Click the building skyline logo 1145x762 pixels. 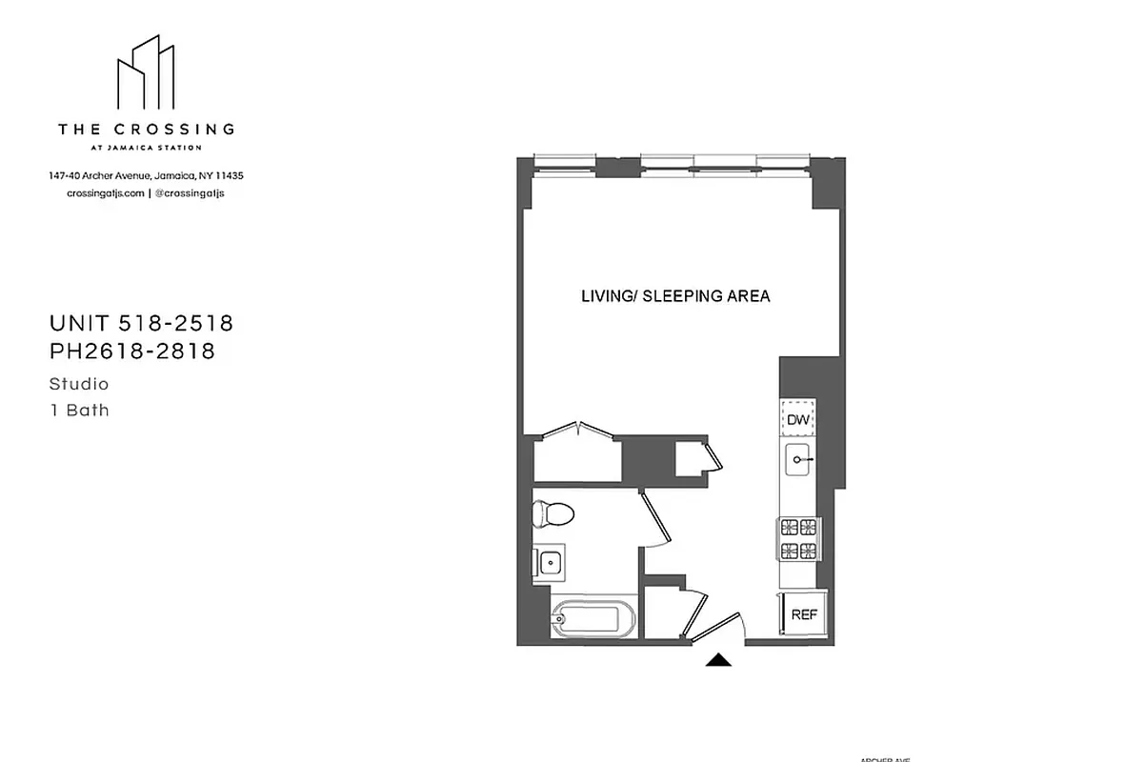[147, 74]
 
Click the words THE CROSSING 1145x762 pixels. [147, 129]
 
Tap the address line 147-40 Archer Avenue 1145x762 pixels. [147, 176]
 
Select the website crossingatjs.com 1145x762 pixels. [106, 192]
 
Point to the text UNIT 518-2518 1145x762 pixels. [141, 324]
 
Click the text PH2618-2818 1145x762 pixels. [132, 351]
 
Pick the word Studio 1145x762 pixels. [79, 385]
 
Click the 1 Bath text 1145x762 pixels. [79, 411]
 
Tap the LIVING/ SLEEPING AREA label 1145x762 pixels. [675, 296]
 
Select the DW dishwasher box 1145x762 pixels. [797, 419]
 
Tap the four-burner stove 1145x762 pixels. [798, 538]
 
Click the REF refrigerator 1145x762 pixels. [804, 615]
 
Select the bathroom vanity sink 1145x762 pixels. [549, 562]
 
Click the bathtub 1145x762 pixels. [585, 622]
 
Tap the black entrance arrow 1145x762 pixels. [718, 660]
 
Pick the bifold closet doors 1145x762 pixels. [578, 431]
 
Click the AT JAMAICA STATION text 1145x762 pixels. [146, 148]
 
